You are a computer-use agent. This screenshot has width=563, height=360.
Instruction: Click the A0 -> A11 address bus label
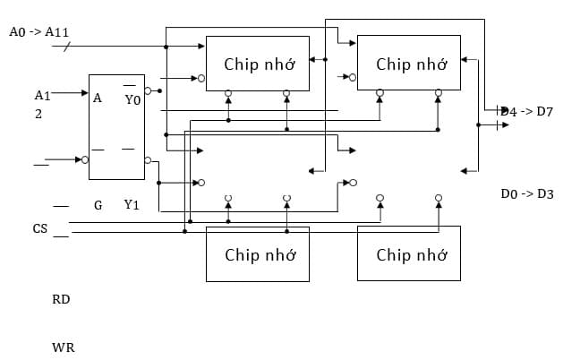(x=39, y=31)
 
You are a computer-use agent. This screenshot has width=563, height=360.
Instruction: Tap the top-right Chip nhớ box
(x=409, y=64)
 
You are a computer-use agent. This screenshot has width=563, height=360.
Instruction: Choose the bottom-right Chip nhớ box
(x=409, y=254)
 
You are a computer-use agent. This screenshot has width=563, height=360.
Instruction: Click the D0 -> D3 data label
(x=527, y=193)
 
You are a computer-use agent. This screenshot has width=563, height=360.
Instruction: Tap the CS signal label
(x=40, y=229)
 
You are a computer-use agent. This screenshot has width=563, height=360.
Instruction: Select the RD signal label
(x=61, y=299)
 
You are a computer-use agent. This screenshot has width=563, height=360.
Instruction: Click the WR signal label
(x=63, y=346)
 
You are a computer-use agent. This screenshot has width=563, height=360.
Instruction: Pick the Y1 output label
(x=132, y=205)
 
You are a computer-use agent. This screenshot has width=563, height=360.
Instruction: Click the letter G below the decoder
(x=98, y=205)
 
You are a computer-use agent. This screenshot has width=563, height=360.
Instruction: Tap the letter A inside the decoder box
(x=97, y=99)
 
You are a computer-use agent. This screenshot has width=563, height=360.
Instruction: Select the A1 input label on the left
(x=42, y=95)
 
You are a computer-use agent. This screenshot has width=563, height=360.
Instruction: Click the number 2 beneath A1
(x=38, y=114)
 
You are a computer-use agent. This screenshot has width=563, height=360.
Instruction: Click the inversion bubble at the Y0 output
(x=149, y=91)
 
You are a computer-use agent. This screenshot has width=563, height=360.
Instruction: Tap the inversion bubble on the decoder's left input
(x=85, y=160)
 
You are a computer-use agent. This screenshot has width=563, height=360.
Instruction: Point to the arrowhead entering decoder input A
(x=84, y=92)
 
